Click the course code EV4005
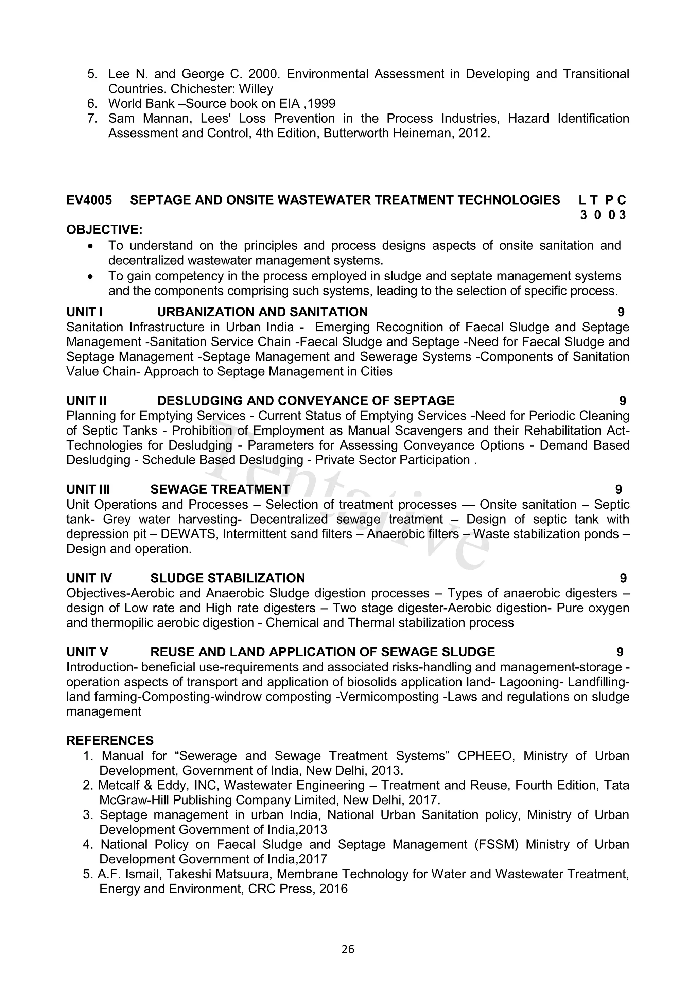89,200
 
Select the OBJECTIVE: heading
104,230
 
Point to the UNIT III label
88,489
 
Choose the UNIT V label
87,652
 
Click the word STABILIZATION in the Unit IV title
256,578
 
